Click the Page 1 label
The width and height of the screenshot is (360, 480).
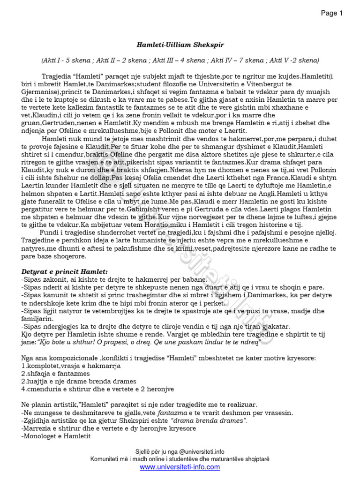[331, 13]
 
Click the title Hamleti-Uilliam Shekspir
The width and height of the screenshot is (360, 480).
[180, 45]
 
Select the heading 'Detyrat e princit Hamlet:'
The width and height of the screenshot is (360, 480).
[65, 271]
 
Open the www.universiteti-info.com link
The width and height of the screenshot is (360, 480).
[180, 467]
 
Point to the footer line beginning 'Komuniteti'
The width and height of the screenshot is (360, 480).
[180, 459]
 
